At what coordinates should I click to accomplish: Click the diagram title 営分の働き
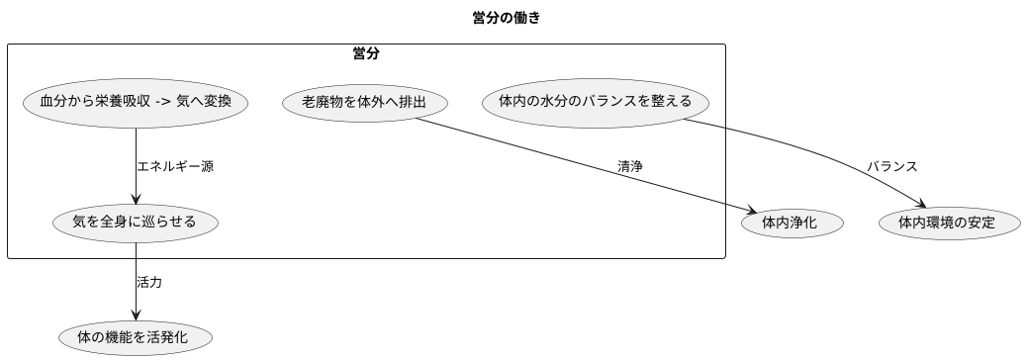tap(507, 18)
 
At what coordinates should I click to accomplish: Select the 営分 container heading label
tap(366, 53)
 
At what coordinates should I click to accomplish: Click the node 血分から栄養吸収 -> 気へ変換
tap(136, 102)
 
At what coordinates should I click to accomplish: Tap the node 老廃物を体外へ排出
tap(364, 102)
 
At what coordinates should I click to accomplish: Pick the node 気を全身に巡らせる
tap(136, 223)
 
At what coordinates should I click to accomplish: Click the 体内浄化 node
tap(790, 223)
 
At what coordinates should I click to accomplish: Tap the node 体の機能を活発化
tap(136, 338)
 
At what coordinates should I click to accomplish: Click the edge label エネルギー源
tap(175, 166)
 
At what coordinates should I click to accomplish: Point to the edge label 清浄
tap(630, 166)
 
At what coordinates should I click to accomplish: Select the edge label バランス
tap(892, 166)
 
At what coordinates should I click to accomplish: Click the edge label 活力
tap(149, 282)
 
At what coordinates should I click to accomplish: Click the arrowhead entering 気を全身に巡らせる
tap(136, 198)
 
